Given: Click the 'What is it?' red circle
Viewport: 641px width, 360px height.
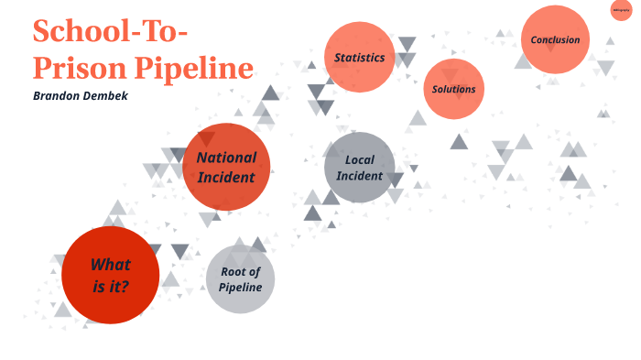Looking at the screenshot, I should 110,275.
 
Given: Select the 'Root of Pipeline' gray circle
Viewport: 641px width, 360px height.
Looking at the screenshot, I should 240,278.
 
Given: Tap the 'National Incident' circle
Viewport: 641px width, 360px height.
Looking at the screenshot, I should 226,167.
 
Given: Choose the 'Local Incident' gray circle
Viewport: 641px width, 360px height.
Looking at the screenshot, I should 359,168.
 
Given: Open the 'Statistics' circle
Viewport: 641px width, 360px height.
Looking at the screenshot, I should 359,57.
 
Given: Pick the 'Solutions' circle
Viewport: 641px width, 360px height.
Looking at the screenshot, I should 453,89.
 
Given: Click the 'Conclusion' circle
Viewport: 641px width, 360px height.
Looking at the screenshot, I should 555,39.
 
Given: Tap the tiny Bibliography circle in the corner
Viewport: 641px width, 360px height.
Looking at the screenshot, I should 621,11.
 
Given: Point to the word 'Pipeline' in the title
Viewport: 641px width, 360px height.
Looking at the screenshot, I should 194,68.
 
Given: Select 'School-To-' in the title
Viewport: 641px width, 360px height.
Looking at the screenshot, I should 110,31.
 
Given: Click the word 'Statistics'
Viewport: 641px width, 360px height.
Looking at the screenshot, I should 359,58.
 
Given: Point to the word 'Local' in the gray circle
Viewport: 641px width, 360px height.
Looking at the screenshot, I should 360,160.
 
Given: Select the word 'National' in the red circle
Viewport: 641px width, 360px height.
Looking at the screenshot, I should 226,158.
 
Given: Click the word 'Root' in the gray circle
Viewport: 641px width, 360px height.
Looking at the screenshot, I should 241,271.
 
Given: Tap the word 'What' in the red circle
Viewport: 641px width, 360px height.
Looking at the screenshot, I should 110,265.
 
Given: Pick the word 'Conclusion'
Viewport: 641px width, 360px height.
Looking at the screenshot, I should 555,39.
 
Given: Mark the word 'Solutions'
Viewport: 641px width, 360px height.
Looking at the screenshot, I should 453,89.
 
